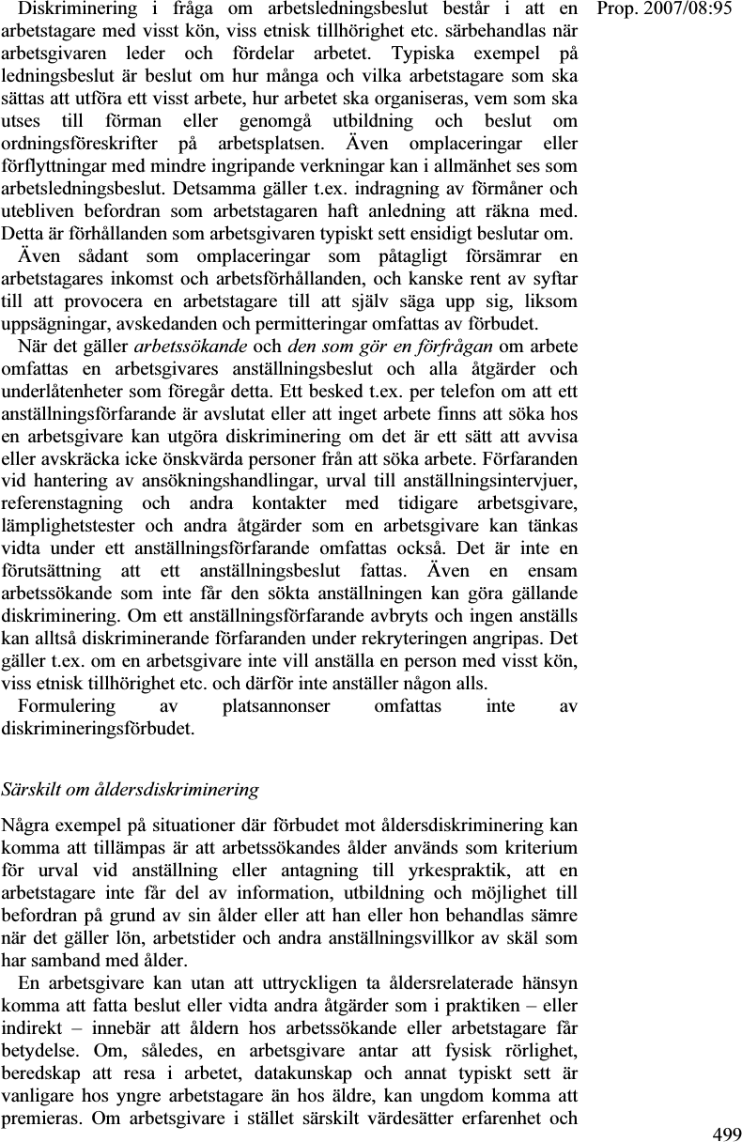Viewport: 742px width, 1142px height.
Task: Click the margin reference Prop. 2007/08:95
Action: [672, 10]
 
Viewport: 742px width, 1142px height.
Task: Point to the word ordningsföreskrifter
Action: [76, 145]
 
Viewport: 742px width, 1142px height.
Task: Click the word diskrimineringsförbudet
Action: [98, 728]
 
